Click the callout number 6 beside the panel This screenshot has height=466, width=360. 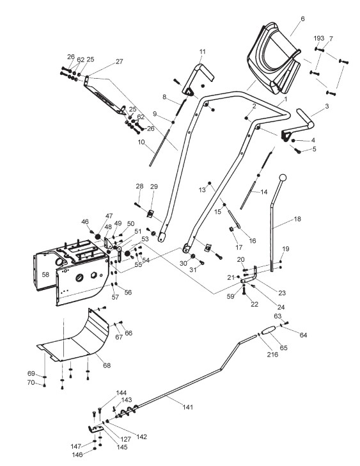tap(302, 19)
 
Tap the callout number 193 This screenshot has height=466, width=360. tap(318, 38)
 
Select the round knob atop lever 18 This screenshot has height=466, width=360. tap(283, 177)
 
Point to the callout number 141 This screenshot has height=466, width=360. tap(187, 407)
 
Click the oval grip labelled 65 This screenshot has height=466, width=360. tap(269, 330)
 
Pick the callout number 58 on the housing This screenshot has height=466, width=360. tap(45, 275)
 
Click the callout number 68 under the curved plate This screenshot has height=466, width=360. tap(107, 365)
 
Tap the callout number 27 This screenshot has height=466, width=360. tap(119, 61)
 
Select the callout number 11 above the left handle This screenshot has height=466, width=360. tap(203, 51)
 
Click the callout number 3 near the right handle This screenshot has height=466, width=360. tap(327, 106)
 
